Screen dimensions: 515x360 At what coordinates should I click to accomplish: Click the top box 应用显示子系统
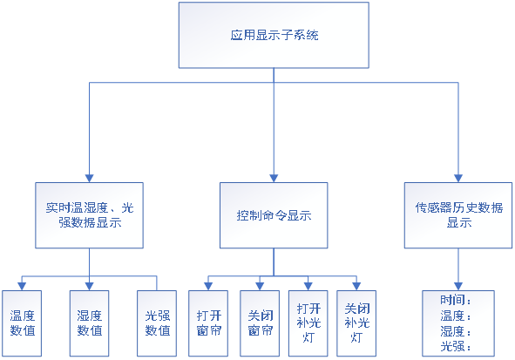coord(274,35)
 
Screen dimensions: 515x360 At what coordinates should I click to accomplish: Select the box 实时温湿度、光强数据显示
coord(90,215)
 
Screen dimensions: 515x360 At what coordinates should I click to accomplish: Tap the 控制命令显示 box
coord(274,215)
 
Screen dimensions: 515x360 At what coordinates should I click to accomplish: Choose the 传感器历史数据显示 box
coord(458,215)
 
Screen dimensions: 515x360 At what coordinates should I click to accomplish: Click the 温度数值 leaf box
coord(22,323)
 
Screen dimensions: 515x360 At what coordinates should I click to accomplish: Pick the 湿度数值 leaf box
coord(90,323)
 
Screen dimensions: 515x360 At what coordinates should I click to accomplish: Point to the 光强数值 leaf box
coord(157,323)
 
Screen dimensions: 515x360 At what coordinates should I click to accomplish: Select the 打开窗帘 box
coord(208,323)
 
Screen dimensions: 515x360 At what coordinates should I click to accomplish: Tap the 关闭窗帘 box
coord(260,323)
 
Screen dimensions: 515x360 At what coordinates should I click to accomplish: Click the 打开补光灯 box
coord(308,323)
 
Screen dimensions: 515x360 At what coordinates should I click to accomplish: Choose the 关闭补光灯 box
coord(356,323)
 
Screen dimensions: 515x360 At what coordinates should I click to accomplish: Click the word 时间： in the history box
coord(456,300)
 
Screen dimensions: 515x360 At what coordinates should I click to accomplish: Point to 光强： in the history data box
coord(456,347)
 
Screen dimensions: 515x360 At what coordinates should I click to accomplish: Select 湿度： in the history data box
coord(456,331)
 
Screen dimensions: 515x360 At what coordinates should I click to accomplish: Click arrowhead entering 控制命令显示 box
coord(274,179)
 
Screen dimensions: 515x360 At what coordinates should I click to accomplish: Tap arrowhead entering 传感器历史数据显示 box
coord(458,179)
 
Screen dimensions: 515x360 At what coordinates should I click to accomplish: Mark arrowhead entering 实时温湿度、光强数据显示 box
coord(90,179)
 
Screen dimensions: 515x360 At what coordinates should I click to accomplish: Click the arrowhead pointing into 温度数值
coord(22,287)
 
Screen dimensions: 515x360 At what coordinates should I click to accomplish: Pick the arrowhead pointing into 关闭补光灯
coord(356,287)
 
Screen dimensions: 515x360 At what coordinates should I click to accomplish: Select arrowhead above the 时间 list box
coord(458,287)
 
